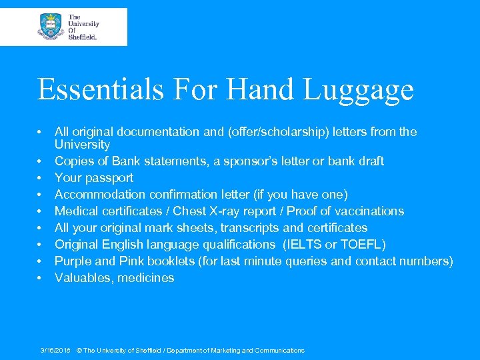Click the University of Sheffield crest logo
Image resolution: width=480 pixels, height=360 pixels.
[x=51, y=27]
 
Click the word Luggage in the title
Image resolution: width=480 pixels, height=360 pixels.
[x=361, y=89]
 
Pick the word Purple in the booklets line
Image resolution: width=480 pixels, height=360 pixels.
[x=73, y=261]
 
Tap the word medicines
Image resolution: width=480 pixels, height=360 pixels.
[x=145, y=278]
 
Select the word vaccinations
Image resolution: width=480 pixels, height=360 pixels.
[x=369, y=211]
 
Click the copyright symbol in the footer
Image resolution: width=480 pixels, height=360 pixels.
[x=79, y=351]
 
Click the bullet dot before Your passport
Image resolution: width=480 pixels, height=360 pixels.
[x=41, y=178]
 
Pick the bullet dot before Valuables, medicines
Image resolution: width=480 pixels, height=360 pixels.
[x=41, y=278]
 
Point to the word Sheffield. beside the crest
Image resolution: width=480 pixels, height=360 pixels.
[x=83, y=37]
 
